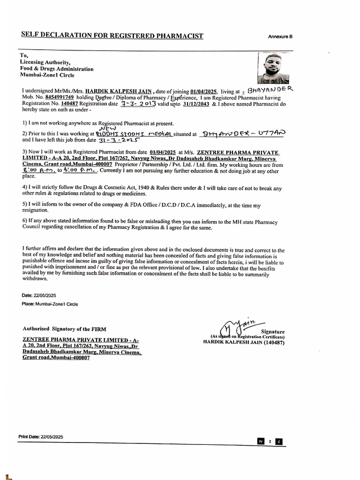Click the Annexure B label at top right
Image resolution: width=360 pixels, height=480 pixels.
(x=280, y=37)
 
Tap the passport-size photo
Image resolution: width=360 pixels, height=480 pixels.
(x=273, y=68)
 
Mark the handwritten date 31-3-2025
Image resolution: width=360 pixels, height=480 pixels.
(x=113, y=140)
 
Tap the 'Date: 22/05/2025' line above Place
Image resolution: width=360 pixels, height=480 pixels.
(x=39, y=295)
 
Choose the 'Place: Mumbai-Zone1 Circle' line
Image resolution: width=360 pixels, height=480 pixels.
(x=50, y=304)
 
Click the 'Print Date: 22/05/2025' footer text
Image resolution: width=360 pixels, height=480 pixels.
(x=41, y=436)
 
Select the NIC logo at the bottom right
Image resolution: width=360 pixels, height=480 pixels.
(x=270, y=441)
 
